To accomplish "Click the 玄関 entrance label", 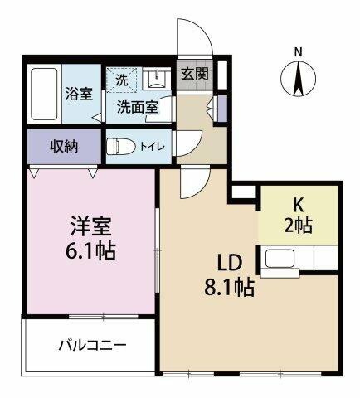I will point(197,73).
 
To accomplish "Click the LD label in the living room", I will point(230,263).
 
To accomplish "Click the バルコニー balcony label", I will point(92,345).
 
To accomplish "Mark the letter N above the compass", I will point(299,52).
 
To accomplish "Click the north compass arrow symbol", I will point(299,79).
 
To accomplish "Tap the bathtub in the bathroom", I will point(46,94).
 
